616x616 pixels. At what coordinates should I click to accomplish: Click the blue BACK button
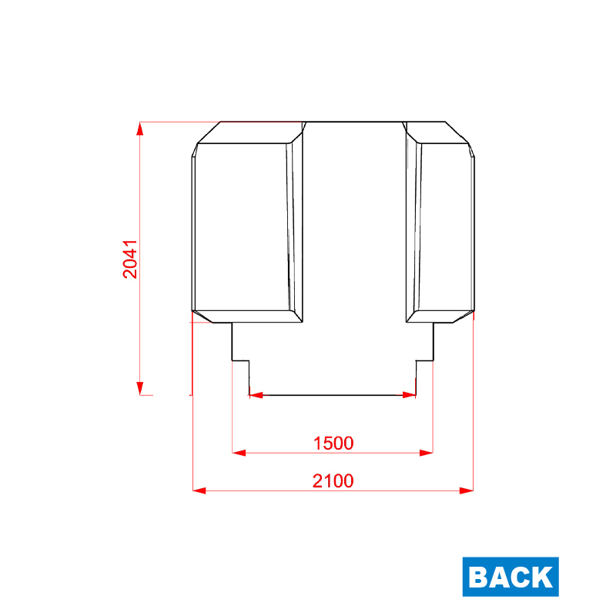pos(511,576)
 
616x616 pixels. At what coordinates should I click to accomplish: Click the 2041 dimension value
pos(130,259)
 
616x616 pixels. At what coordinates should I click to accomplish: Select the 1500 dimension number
pos(333,444)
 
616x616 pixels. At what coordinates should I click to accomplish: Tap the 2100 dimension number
pos(333,480)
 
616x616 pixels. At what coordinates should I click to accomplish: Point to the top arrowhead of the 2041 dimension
pos(140,129)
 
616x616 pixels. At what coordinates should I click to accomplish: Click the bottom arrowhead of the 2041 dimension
pos(140,388)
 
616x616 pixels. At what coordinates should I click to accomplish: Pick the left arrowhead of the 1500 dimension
pos(239,453)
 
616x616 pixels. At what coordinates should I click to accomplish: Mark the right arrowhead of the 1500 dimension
pos(427,453)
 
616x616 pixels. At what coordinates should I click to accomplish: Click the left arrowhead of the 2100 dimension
pos(199,490)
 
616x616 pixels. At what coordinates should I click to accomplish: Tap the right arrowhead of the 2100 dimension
pos(467,490)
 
